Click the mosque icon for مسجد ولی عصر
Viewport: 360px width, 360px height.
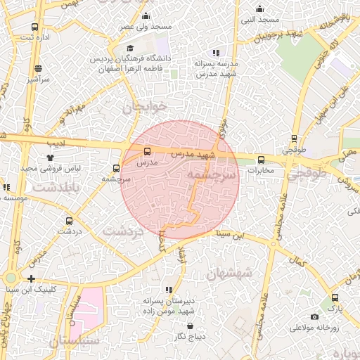click(146, 15)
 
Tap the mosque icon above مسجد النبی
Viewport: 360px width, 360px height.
click(259, 9)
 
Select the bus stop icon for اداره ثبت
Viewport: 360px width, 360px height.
click(34, 27)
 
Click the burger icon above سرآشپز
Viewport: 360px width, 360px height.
click(37, 69)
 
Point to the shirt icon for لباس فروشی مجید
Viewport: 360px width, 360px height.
click(49, 157)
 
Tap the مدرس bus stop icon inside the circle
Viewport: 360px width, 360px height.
click(147, 151)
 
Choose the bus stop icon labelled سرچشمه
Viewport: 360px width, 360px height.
click(116, 168)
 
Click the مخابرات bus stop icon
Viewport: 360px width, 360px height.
click(261, 160)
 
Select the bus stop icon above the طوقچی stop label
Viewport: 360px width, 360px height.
click(294, 139)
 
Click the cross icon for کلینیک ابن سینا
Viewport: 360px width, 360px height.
click(31, 278)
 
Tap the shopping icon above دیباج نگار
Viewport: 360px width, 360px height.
click(191, 326)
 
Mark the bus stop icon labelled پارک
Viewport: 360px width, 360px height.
click(335, 297)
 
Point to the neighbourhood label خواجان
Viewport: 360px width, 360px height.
click(145, 107)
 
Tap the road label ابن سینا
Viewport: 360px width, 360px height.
click(233, 233)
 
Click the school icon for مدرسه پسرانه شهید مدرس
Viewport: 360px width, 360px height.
click(216, 53)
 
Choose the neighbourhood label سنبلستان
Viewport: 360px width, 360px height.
click(75, 340)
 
